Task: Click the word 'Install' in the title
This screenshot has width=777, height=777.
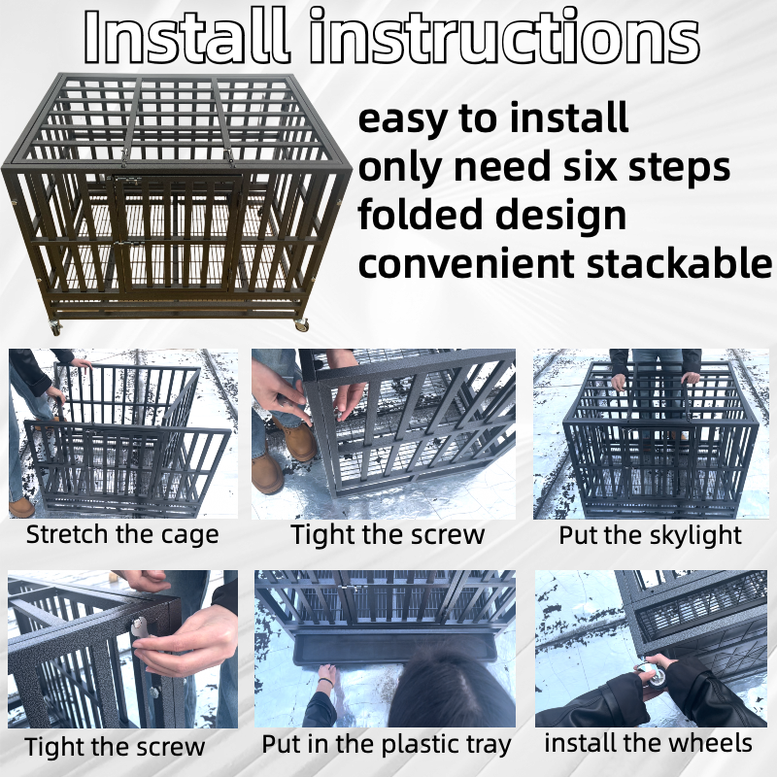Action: [186, 36]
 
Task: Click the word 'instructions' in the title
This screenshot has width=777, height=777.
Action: [504, 36]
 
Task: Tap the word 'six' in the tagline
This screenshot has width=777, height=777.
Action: [591, 166]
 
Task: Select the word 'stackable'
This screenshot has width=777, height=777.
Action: [679, 262]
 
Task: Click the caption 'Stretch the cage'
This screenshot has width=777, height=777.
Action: [122, 535]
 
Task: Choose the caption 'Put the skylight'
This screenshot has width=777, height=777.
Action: [650, 536]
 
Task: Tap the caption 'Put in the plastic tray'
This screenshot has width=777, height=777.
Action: [387, 744]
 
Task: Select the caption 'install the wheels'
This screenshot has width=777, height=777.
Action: [648, 743]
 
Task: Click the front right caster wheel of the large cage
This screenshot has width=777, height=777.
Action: [301, 325]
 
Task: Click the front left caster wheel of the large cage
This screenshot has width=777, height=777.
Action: [55, 327]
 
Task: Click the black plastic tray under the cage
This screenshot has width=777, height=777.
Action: [394, 647]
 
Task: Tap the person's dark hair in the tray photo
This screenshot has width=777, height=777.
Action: [449, 687]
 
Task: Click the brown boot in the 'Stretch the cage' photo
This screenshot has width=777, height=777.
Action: [21, 507]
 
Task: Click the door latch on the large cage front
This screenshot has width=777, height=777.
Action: [127, 245]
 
